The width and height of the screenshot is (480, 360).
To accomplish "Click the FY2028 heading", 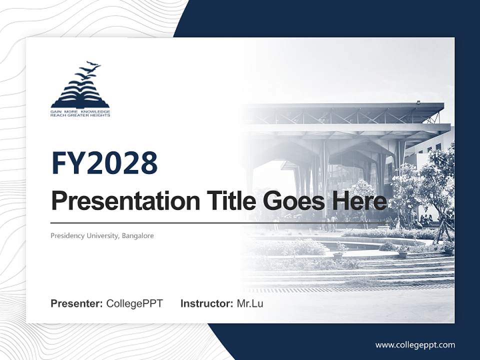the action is (104, 163).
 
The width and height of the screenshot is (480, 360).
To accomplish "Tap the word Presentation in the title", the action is (125, 200).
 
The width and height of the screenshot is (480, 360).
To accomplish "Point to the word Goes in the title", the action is (293, 200).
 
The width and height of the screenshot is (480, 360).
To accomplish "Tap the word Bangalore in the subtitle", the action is (138, 235).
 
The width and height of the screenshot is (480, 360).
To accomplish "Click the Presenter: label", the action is (76, 303).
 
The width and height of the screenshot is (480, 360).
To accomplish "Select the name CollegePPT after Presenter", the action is (134, 303).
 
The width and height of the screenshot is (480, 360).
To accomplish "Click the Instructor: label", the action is (207, 303).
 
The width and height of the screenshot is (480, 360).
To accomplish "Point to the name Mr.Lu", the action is (250, 303).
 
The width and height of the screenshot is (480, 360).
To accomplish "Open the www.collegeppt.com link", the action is (415, 345).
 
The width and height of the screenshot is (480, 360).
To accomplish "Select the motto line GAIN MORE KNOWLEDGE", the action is (80, 112).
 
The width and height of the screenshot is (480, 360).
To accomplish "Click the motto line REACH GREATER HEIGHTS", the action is (80, 115).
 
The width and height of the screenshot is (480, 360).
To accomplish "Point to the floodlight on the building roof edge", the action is (418, 102).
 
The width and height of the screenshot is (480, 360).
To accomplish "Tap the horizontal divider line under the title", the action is (219, 223).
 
